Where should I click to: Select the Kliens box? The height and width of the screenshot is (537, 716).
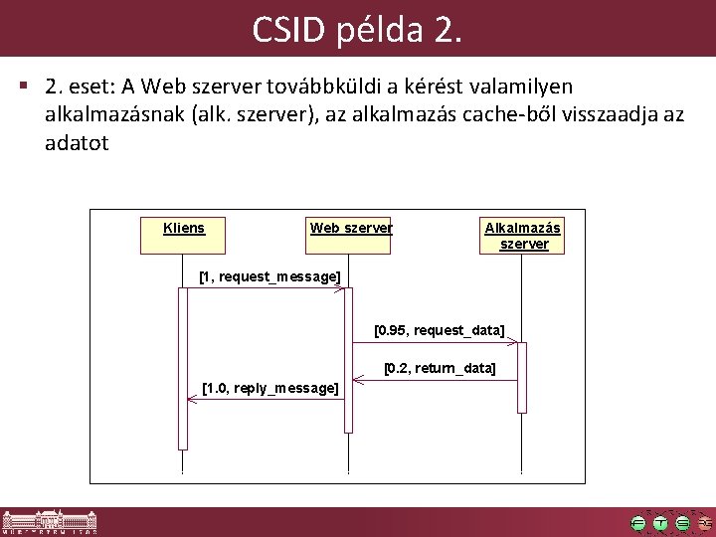point(183,235)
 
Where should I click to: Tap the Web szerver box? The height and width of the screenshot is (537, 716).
point(350,235)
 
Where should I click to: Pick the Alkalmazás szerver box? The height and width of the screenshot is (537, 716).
point(523,236)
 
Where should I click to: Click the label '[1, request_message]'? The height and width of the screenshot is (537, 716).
point(269,275)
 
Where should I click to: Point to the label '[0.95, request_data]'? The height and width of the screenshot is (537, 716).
point(439,329)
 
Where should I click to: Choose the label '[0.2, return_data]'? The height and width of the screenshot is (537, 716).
point(440,368)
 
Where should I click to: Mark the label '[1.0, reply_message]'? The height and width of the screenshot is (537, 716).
point(269,387)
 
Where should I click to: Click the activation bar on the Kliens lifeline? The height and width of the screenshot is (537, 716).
point(183,368)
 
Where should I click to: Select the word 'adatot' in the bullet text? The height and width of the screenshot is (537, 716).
point(77,143)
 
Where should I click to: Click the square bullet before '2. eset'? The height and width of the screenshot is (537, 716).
point(23,88)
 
